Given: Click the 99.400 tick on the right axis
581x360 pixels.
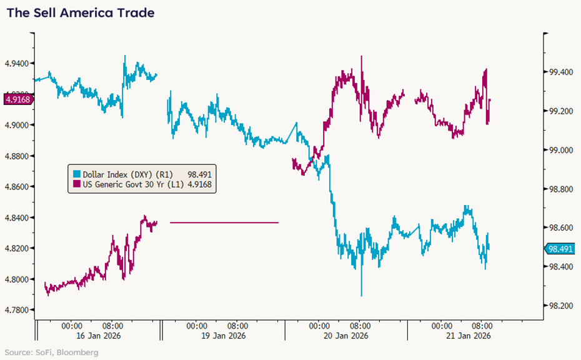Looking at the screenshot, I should (560, 72).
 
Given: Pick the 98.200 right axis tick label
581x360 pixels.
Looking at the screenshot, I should (560, 306).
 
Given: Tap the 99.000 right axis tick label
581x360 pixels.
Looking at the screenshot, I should (560, 151).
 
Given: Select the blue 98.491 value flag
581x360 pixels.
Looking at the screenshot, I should (560, 249).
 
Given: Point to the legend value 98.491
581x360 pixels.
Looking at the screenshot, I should (202, 174).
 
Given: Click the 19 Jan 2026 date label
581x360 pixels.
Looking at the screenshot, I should (223, 336).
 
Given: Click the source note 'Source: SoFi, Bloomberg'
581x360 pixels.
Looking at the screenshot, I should (49, 353).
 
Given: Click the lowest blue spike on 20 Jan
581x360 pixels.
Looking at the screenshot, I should (362, 294).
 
